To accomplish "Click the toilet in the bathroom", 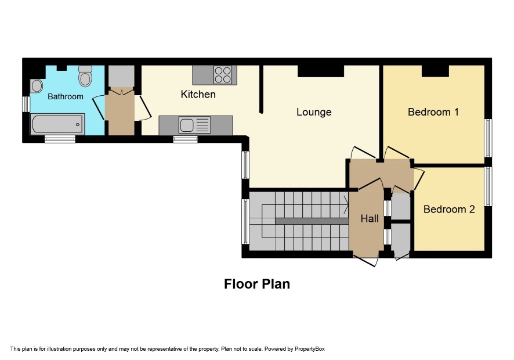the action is pyautogui.click(x=85, y=76).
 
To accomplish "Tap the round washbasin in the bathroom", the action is pyautogui.click(x=37, y=86).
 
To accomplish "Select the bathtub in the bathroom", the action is pyautogui.click(x=57, y=124).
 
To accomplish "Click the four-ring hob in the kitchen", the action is pyautogui.click(x=223, y=75).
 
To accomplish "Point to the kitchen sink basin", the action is pyautogui.click(x=187, y=125).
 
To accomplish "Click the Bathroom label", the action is pyautogui.click(x=66, y=96).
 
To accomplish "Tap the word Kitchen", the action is pyautogui.click(x=198, y=95).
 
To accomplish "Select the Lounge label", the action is pyautogui.click(x=314, y=112).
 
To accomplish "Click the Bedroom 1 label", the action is pyautogui.click(x=433, y=112).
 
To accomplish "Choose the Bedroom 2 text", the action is pyautogui.click(x=449, y=210).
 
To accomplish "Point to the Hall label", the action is pyautogui.click(x=370, y=218).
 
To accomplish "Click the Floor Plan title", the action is pyautogui.click(x=257, y=284).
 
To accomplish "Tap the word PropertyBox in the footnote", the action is pyautogui.click(x=309, y=349).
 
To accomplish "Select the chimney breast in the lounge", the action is pyautogui.click(x=321, y=71).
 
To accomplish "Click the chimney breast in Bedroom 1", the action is pyautogui.click(x=435, y=71).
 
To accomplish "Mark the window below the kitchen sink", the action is pyautogui.click(x=186, y=139).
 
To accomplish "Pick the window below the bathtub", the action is pyautogui.click(x=60, y=139).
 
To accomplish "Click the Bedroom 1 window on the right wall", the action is pyautogui.click(x=488, y=138).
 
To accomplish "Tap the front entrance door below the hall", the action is pyautogui.click(x=365, y=261).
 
